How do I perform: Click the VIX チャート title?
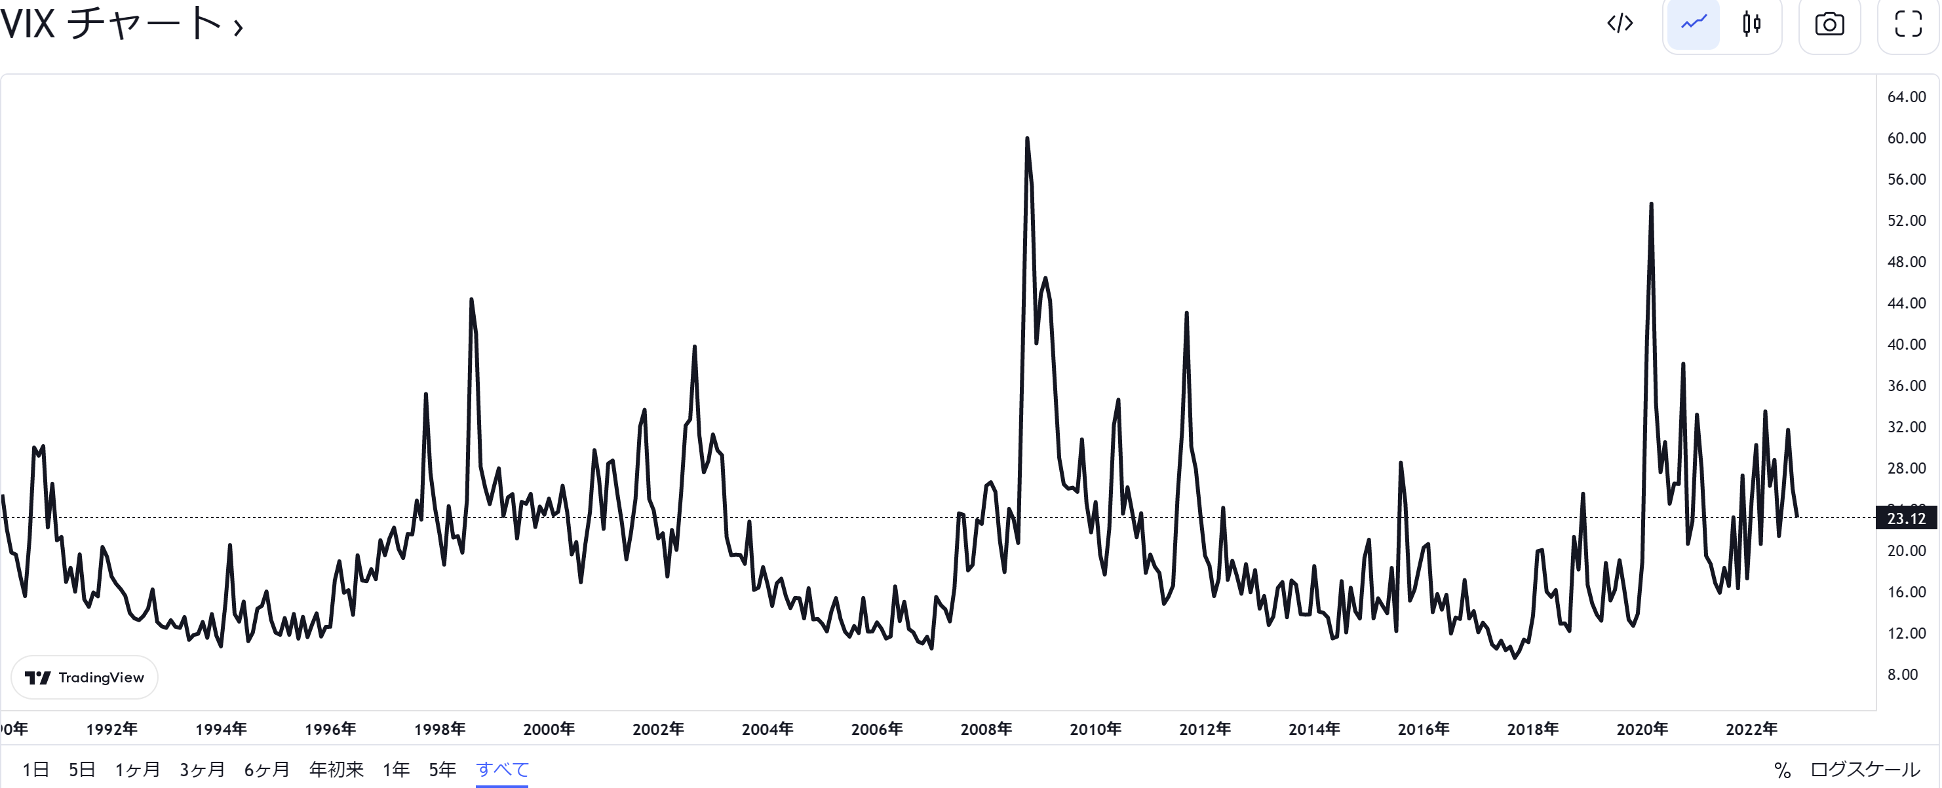[x=121, y=24]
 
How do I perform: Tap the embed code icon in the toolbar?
[x=1620, y=24]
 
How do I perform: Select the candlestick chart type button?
[x=1751, y=24]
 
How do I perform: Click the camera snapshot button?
[x=1829, y=24]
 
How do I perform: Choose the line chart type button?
[x=1693, y=24]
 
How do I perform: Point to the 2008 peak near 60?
[x=1027, y=140]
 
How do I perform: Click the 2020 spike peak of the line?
[x=1651, y=204]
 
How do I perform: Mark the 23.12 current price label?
[x=1906, y=518]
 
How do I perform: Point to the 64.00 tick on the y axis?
[x=1906, y=96]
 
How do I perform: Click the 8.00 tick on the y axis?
[x=1902, y=674]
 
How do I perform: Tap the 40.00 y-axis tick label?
[x=1906, y=345]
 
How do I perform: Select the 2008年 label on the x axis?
[x=985, y=728]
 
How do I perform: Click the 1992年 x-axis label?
[x=111, y=728]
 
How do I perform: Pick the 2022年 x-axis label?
[x=1751, y=728]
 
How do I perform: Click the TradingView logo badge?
[x=85, y=677]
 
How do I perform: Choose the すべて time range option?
[x=502, y=769]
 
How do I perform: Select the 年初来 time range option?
[x=336, y=769]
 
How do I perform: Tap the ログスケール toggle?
[x=1865, y=769]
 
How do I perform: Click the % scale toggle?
[x=1782, y=770]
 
